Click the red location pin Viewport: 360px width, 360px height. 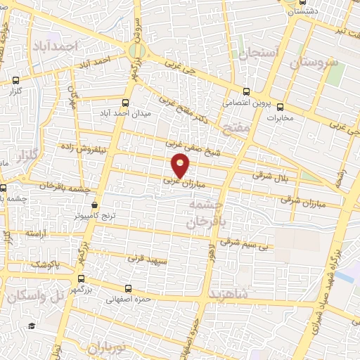[181, 165]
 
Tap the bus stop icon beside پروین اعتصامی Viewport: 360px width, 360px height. [245, 91]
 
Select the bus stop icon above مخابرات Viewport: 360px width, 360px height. [281, 108]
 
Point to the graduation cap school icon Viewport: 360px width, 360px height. [31, 326]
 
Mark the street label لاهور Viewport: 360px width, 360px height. [210, 252]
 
